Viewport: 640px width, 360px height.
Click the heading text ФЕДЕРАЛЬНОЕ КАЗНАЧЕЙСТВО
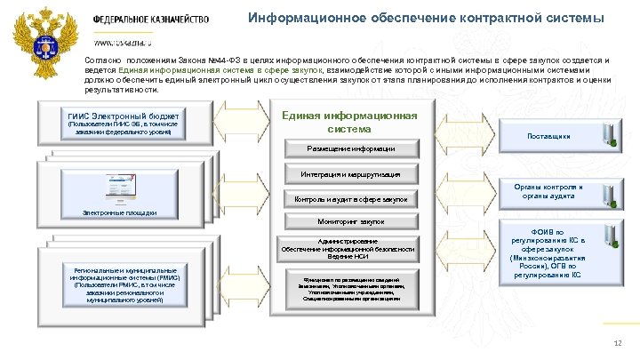pos(150,20)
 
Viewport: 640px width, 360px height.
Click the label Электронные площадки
pos(119,212)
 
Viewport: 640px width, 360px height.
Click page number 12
pos(618,344)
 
